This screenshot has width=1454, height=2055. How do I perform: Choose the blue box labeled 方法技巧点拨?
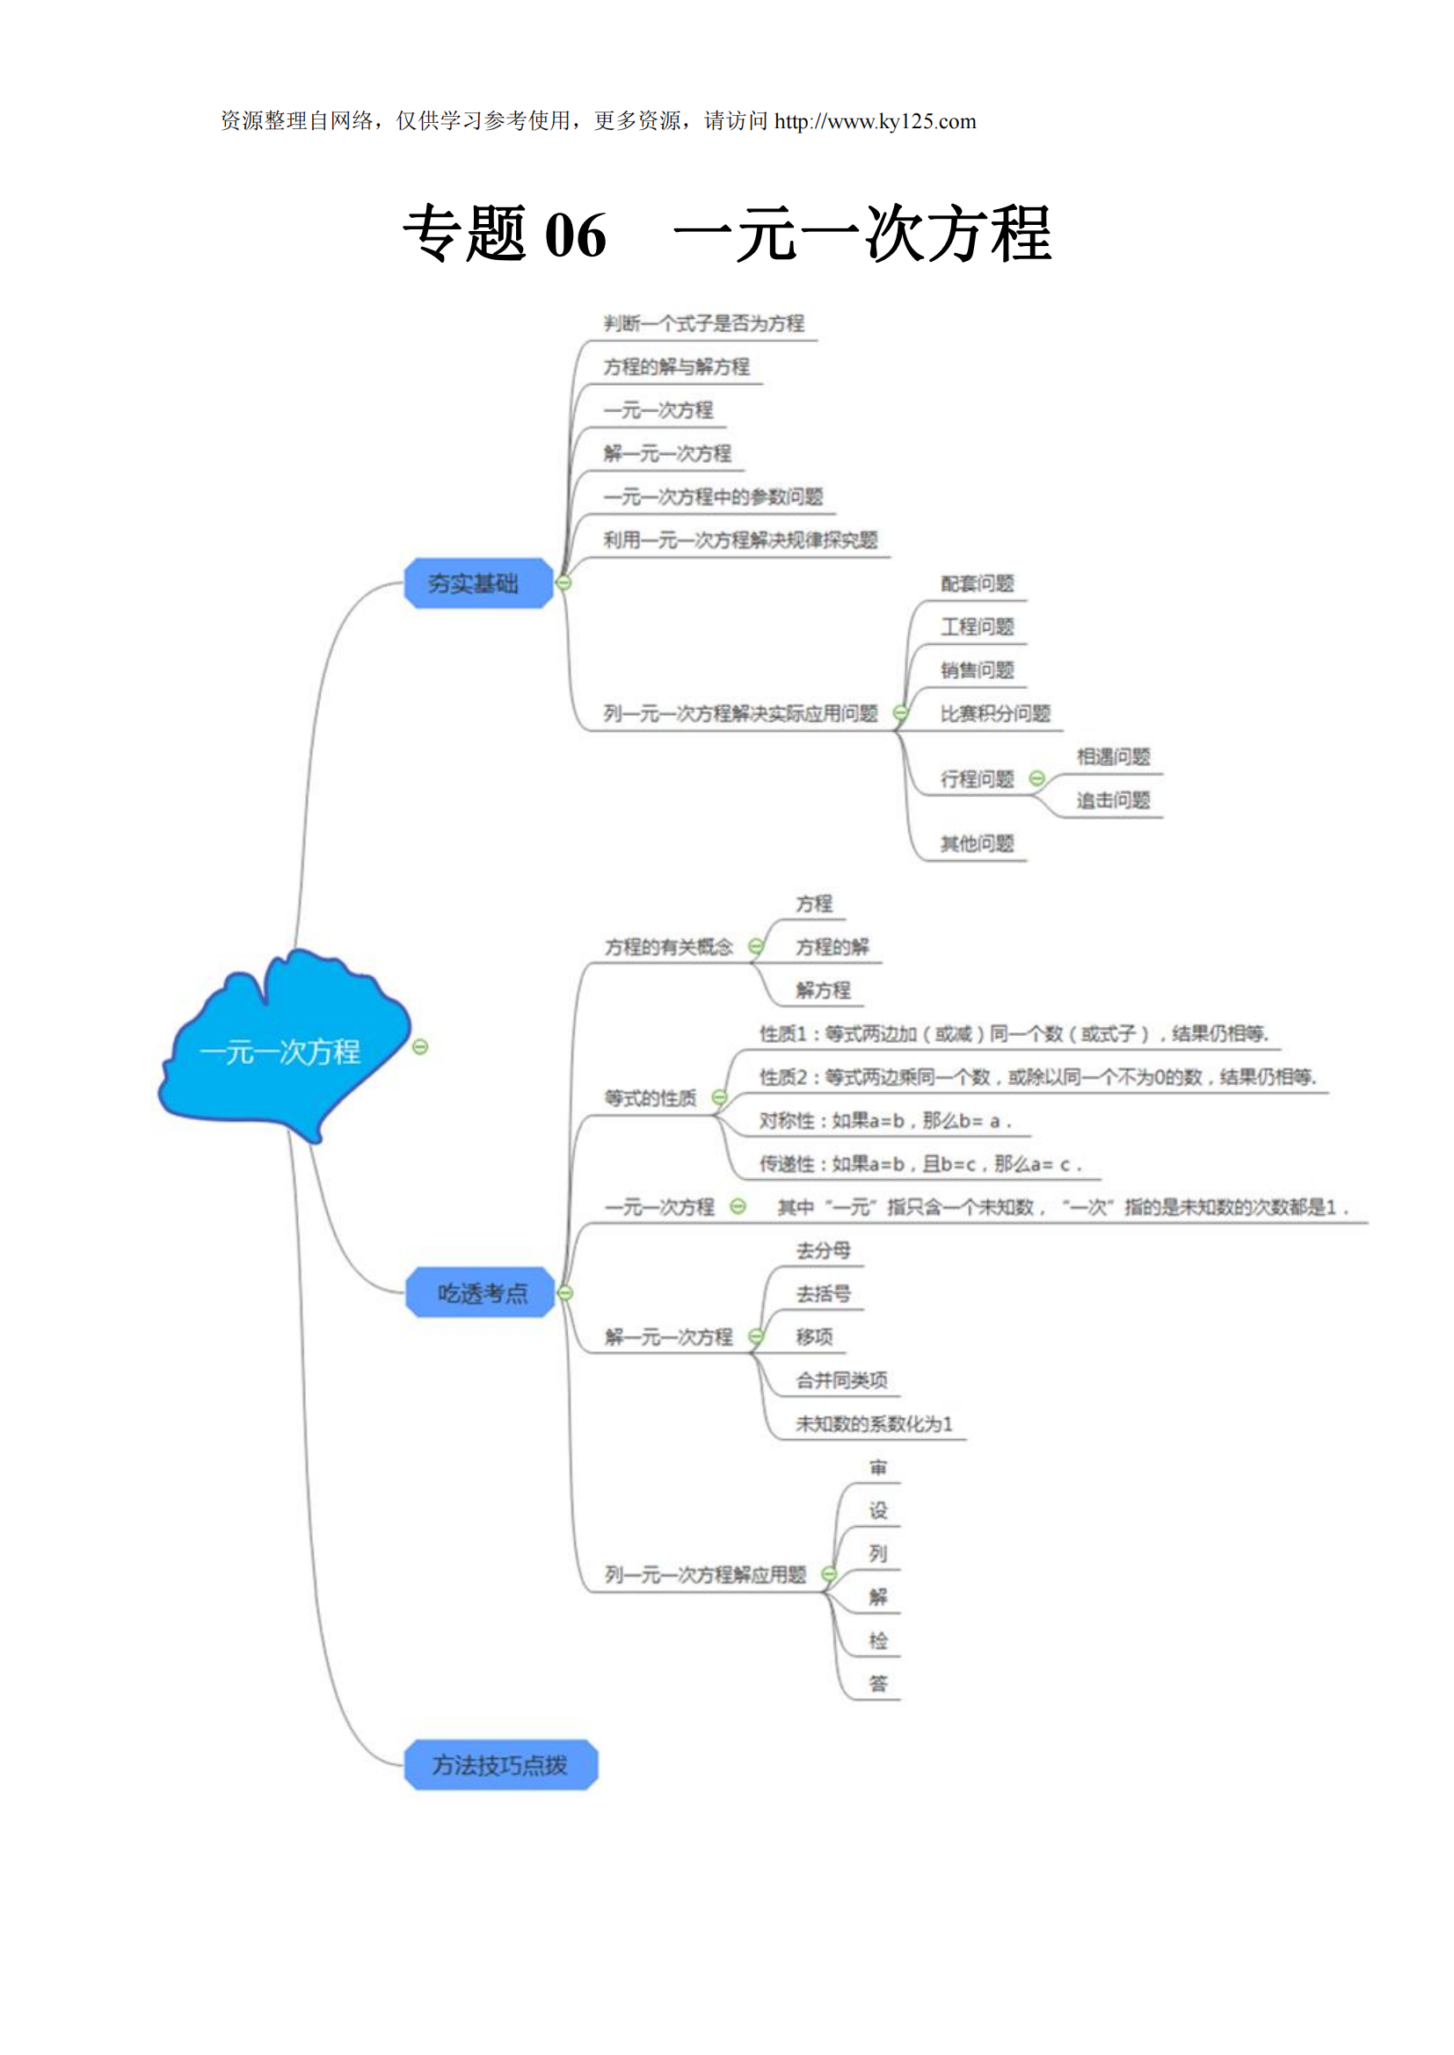tap(500, 1765)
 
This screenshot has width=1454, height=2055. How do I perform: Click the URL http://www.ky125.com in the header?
tap(875, 122)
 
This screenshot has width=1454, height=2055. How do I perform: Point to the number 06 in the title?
tap(576, 235)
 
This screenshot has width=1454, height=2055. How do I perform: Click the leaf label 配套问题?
tap(977, 583)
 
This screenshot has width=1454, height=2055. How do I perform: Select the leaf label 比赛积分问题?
tap(995, 713)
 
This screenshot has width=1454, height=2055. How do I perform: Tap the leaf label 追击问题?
tap(1113, 800)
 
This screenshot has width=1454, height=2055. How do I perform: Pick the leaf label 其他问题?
tap(977, 843)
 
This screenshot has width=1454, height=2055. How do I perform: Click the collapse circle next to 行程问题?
tap(1036, 778)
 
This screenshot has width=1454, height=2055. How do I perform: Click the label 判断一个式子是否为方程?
tap(704, 323)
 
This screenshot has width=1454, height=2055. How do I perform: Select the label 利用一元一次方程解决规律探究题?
tap(739, 539)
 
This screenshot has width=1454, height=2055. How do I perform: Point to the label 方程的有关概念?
tap(669, 947)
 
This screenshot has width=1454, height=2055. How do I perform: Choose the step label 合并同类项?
tap(841, 1380)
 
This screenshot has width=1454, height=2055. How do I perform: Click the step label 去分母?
tap(823, 1250)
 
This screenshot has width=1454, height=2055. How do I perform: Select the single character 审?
tap(877, 1467)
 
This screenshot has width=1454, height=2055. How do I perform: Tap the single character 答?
tap(877, 1683)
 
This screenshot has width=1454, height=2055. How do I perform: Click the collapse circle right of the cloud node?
tap(420, 1046)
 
